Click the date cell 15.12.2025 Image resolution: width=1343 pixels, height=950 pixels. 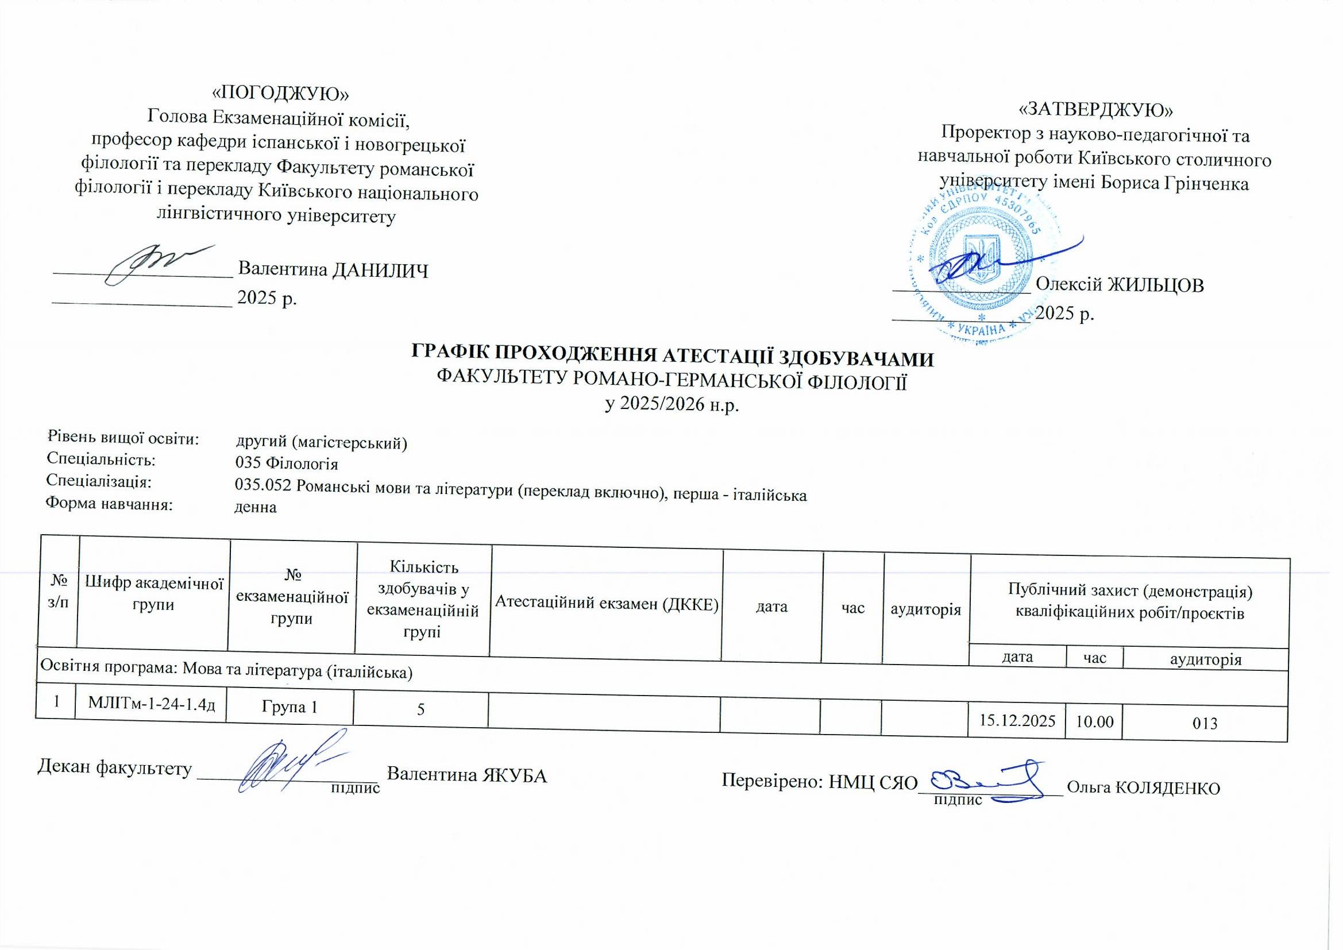click(x=1017, y=720)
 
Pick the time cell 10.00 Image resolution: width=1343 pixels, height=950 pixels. click(x=1094, y=721)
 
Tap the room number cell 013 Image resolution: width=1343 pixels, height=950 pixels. click(x=1205, y=724)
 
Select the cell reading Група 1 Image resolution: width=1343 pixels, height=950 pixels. click(x=290, y=706)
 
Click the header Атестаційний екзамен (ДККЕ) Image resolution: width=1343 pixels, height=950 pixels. click(x=606, y=604)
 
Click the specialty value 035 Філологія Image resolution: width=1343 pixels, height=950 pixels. click(x=287, y=464)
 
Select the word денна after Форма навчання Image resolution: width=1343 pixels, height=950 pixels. click(x=255, y=507)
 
